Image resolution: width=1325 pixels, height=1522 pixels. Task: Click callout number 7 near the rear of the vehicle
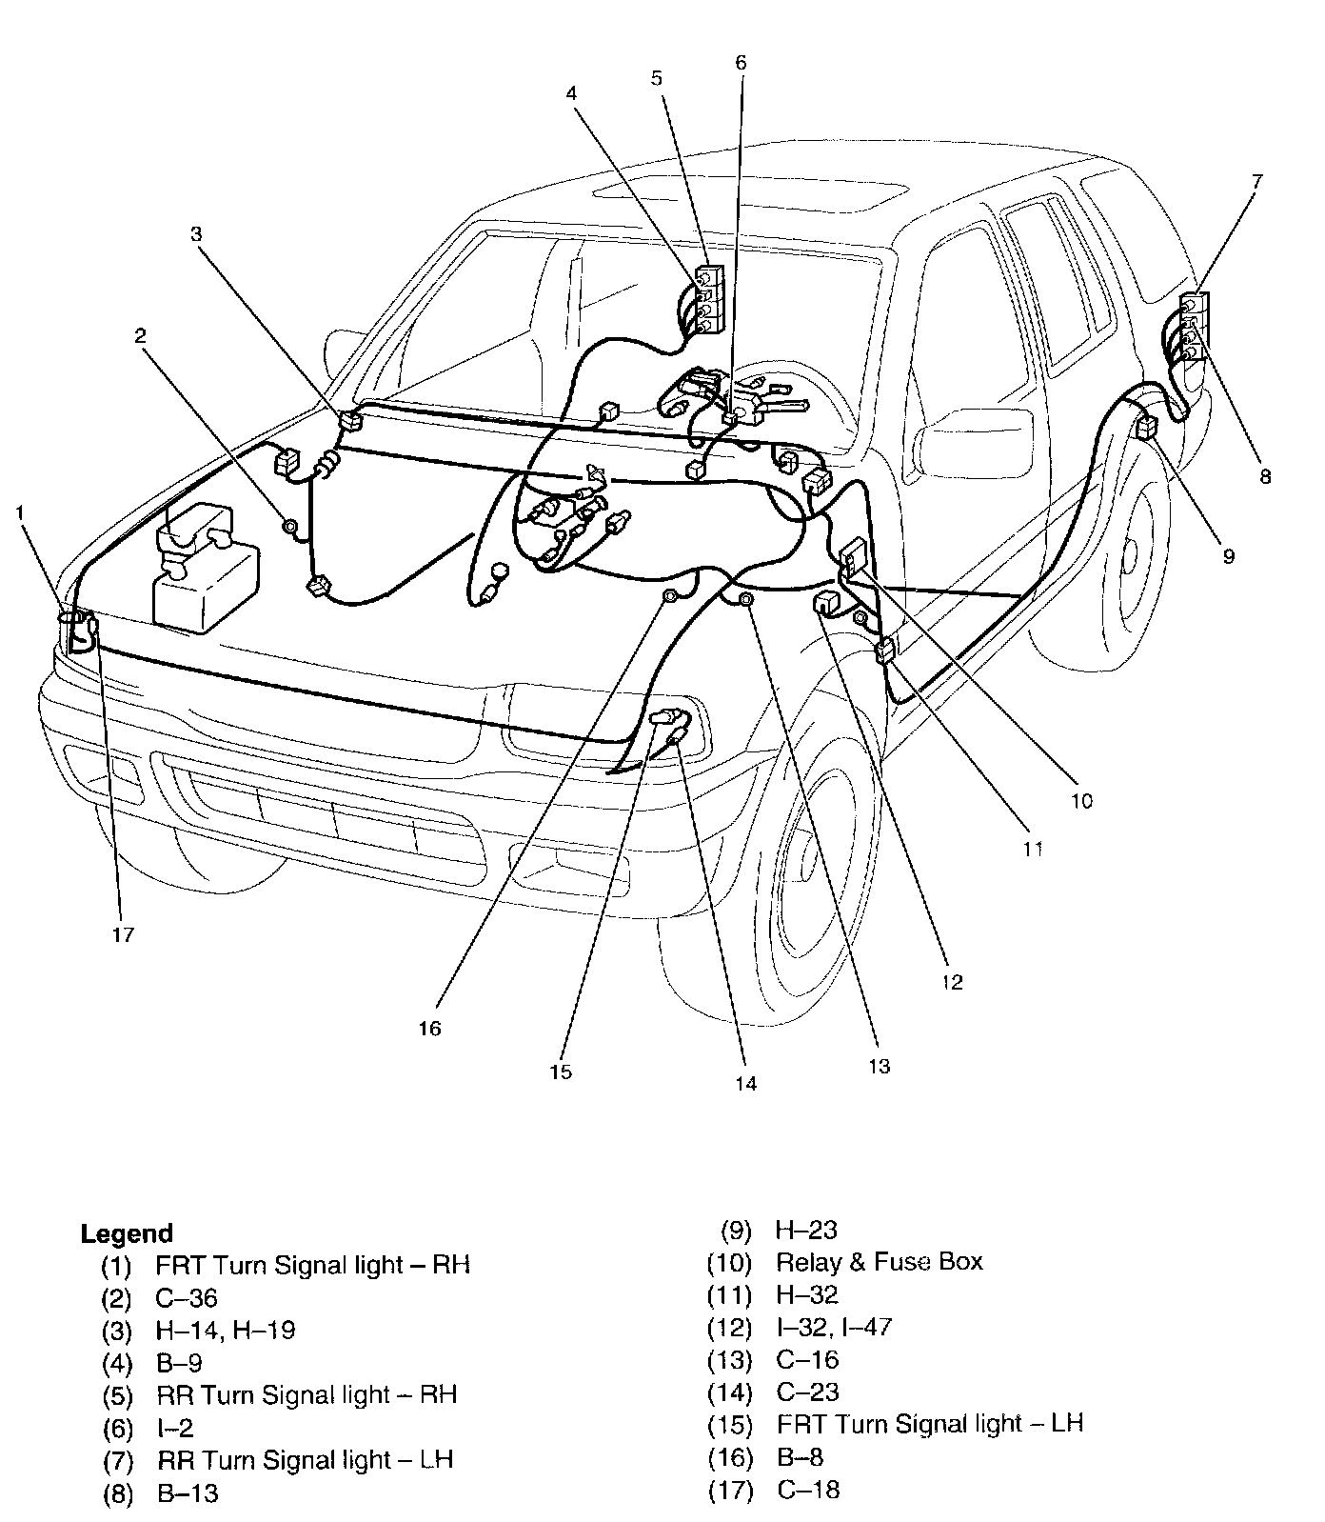1257,179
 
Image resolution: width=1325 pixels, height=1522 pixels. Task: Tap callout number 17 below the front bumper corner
123,934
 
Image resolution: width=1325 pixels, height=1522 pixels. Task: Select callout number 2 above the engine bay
140,335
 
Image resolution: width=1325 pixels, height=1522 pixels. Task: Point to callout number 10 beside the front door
1081,801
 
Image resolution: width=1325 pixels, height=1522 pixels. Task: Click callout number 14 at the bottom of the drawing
746,1083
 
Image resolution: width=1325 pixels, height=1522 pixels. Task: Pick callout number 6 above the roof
741,63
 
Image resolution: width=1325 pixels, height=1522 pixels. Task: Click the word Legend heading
126,1234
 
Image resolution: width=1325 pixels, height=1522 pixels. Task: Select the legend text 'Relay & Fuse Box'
879,1262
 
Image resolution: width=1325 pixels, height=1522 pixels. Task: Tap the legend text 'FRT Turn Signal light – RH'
312,1265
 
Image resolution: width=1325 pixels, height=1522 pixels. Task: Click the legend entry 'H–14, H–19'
226,1330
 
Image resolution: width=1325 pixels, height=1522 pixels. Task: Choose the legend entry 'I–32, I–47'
834,1327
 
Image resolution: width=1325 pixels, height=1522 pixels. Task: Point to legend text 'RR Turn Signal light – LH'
305,1459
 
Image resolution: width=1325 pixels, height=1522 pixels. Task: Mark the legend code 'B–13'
188,1492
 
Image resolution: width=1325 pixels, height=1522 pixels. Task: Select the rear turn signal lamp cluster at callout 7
1191,329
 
